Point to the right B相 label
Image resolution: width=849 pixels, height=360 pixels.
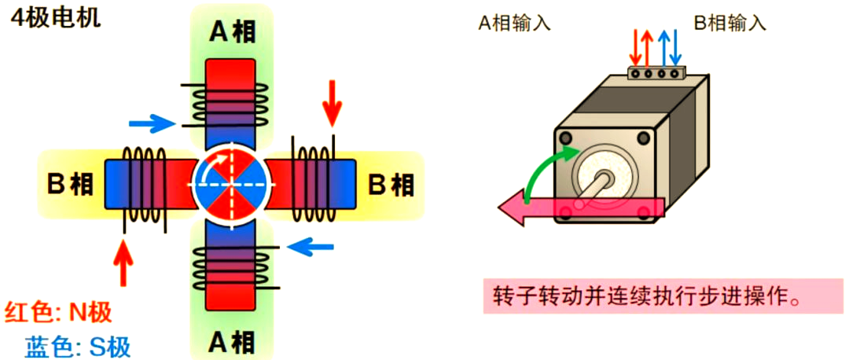click(391, 185)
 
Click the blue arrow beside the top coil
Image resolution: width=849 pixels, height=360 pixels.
click(151, 123)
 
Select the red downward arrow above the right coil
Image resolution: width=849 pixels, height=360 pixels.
click(333, 102)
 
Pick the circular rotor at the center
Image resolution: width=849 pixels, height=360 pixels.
click(232, 185)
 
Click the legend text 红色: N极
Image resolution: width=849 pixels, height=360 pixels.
click(58, 312)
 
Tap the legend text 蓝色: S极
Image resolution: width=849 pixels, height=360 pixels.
click(78, 346)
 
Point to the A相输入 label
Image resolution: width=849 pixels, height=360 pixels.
click(515, 23)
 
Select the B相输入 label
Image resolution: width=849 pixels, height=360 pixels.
click(730, 23)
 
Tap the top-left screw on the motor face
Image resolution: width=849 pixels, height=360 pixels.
click(567, 138)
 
